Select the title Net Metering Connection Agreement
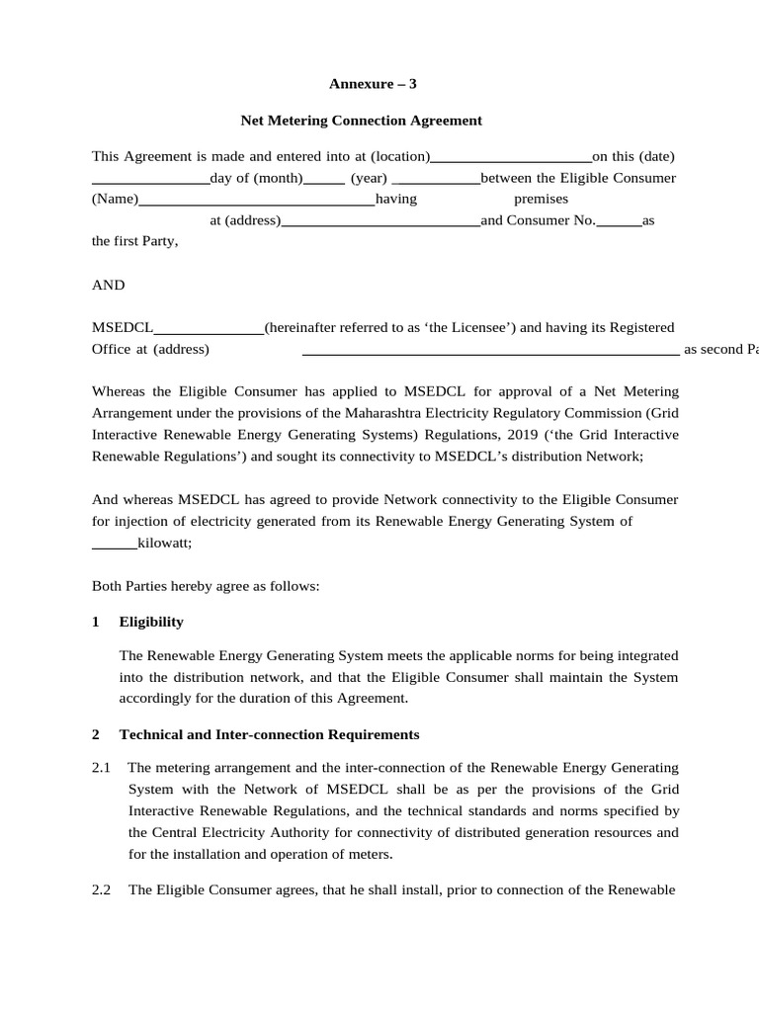(362, 121)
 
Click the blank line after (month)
(323, 180)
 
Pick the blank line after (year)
(435, 180)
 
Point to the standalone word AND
(109, 286)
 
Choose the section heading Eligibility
(151, 622)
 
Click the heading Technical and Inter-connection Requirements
(269, 734)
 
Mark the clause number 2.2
(101, 889)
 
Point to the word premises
(541, 200)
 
